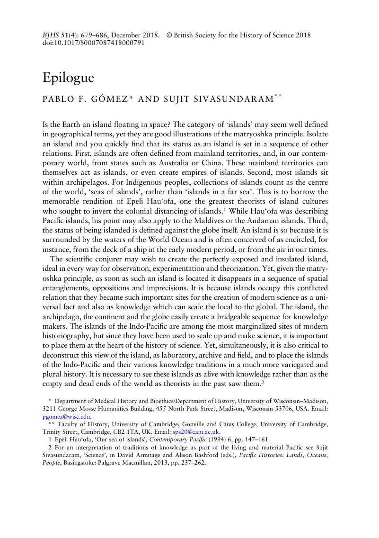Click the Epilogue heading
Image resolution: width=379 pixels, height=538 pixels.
click(68, 78)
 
